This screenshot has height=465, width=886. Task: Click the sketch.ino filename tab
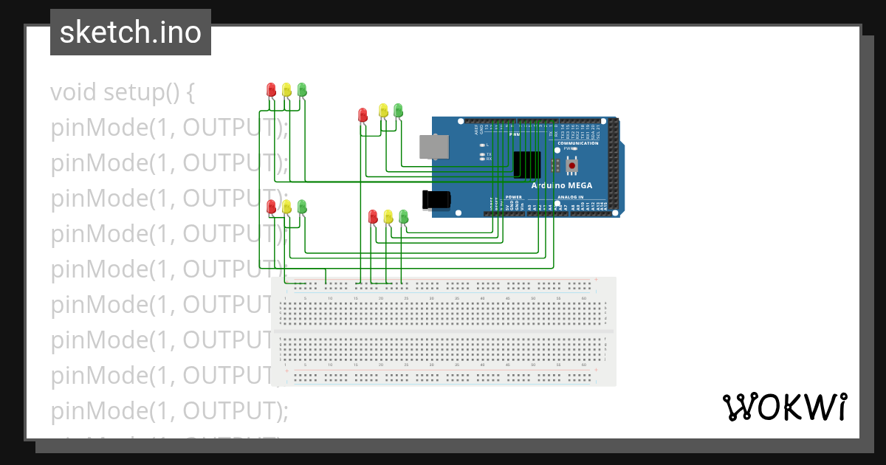pos(130,32)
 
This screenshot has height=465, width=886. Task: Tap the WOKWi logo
pos(784,407)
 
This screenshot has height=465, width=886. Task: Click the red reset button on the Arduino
pos(571,165)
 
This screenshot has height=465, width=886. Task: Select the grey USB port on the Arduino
pos(433,147)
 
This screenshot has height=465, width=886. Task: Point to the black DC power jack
pos(436,199)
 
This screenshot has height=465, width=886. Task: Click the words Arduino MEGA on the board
pos(561,185)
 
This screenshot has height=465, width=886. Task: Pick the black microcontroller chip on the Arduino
pos(527,164)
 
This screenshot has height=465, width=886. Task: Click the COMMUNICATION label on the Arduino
pos(577,143)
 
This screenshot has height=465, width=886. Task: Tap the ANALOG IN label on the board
pos(570,197)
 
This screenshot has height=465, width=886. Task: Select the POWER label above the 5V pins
pos(513,197)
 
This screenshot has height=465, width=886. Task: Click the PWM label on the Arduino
pos(515,134)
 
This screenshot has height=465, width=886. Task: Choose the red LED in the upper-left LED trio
pos(271,89)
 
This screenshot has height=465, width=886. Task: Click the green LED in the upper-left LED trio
pos(302,89)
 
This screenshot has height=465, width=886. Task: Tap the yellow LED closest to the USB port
pos(382,110)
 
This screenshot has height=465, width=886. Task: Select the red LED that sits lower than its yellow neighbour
pos(363,114)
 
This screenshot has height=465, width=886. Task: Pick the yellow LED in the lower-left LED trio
pos(286,206)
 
